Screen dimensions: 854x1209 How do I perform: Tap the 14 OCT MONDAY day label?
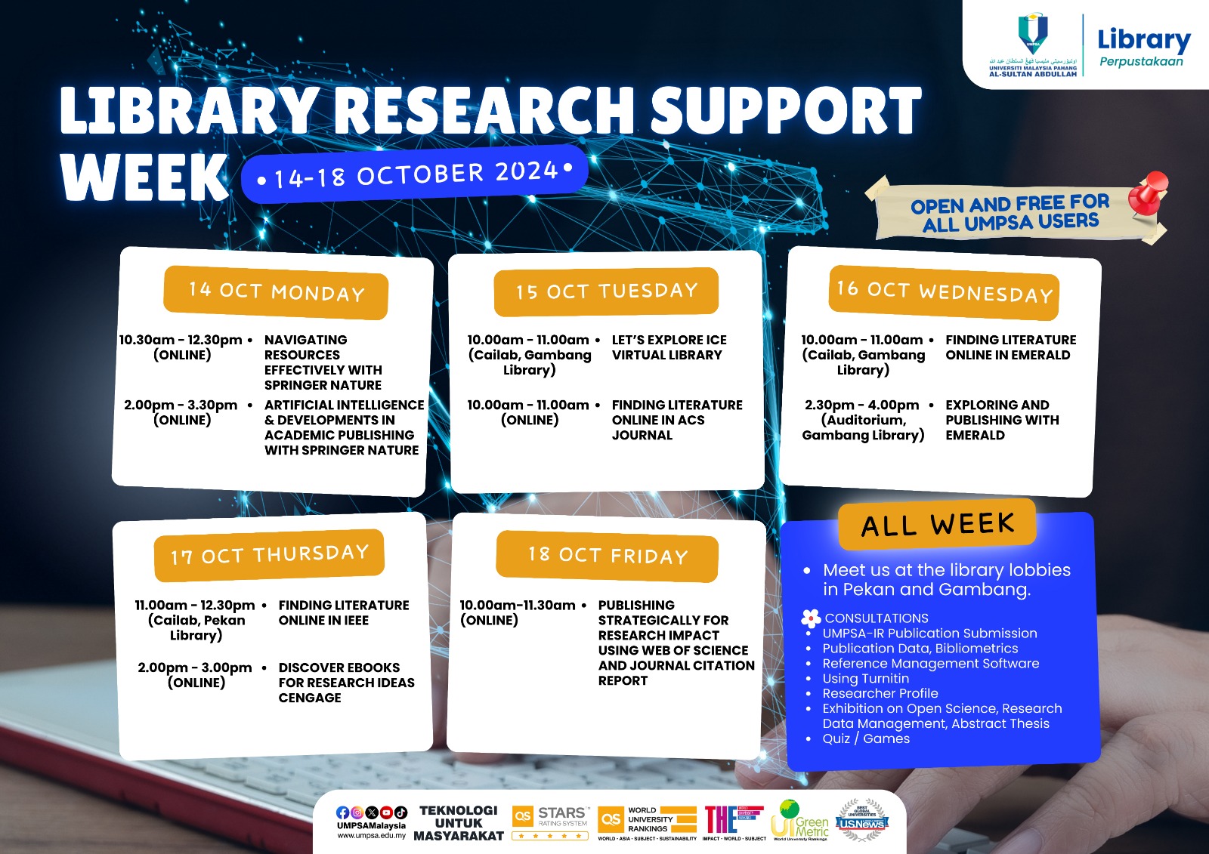(276, 291)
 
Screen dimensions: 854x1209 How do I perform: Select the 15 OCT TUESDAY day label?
(606, 291)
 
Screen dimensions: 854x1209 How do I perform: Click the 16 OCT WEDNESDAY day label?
(944, 291)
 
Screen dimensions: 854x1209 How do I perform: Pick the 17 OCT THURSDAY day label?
(269, 555)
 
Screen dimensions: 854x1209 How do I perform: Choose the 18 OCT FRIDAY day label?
(608, 556)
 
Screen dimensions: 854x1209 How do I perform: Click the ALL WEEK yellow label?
(937, 524)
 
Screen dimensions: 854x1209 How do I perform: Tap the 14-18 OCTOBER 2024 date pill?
(414, 174)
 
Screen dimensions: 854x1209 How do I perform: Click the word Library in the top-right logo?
(1143, 39)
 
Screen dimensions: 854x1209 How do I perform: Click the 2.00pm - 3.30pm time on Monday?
(181, 405)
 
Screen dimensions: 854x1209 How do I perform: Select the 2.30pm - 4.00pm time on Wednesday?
(862, 405)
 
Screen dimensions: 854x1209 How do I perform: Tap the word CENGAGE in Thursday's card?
(310, 698)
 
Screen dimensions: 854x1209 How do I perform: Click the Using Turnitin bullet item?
(866, 678)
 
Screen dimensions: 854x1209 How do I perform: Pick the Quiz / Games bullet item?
(866, 738)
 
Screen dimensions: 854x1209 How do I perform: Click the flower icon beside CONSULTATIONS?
(811, 618)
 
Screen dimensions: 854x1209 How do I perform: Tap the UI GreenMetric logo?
(800, 819)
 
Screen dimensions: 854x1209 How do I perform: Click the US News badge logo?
(862, 821)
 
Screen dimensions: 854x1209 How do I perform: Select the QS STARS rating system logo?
(550, 821)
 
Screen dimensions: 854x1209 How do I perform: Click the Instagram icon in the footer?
(357, 812)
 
